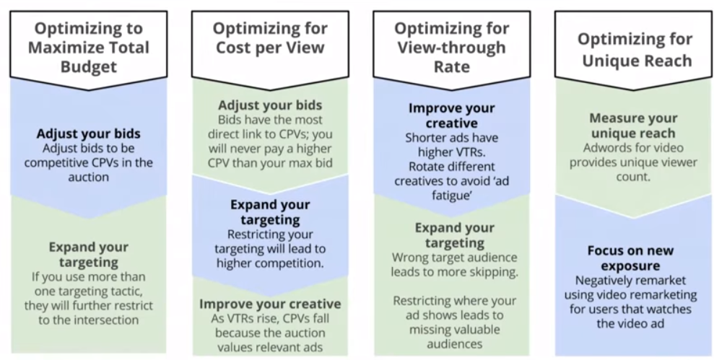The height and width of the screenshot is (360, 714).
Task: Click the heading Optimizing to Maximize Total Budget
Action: click(88, 48)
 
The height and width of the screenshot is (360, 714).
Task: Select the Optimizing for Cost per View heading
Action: click(270, 38)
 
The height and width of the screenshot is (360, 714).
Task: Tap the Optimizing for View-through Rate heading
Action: click(452, 48)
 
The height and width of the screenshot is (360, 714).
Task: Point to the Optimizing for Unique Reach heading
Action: click(635, 50)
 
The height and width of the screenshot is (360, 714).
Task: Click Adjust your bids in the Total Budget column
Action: click(88, 133)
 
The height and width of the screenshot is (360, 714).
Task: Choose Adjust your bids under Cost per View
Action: click(270, 105)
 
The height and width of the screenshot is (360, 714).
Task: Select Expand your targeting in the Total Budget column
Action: click(88, 255)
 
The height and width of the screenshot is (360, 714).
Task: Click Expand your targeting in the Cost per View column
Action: click(270, 212)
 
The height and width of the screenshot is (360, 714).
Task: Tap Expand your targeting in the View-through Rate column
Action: click(454, 235)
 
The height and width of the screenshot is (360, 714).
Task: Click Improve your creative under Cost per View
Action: click(270, 304)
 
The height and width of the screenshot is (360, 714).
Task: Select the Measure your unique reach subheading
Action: click(633, 126)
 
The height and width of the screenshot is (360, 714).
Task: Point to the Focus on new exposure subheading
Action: click(631, 258)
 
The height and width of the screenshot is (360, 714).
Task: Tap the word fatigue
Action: click(451, 196)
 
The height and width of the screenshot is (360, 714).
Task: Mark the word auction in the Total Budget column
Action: click(88, 177)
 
